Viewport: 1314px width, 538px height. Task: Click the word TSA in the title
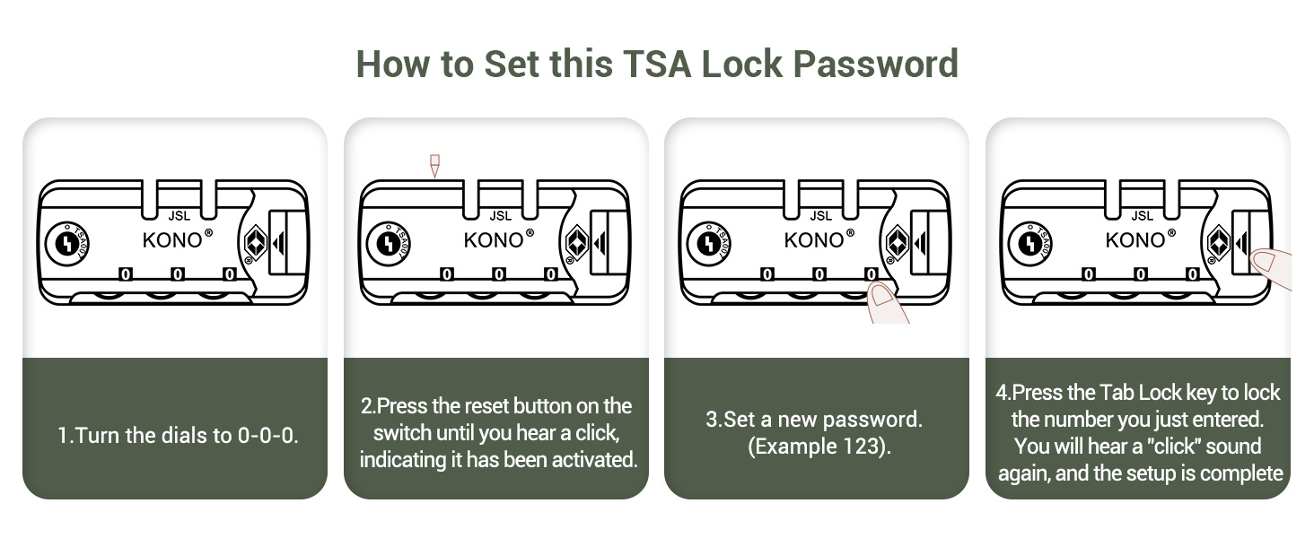[x=657, y=64]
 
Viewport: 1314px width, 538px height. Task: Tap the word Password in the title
[x=876, y=64]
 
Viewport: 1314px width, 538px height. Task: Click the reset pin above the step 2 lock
[x=434, y=166]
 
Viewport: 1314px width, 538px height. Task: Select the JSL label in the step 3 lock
[x=820, y=216]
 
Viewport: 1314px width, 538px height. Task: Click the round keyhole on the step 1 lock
[x=67, y=243]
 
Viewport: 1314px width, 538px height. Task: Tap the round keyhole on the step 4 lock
[x=1029, y=243]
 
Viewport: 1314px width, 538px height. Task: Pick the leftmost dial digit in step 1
[x=126, y=274]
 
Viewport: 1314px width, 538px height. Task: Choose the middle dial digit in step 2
[x=499, y=274]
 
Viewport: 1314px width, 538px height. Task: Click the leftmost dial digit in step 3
[x=767, y=274]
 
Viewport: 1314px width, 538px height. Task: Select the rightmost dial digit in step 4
[x=1193, y=274]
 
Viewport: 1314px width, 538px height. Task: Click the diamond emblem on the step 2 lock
[x=577, y=242]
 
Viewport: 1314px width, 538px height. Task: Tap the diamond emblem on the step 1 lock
[x=256, y=242]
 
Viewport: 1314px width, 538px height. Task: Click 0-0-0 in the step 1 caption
[x=267, y=436]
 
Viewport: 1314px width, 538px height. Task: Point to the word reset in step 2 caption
[x=477, y=405]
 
